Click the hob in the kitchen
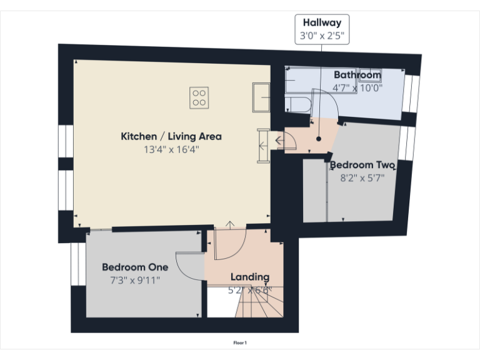click(199, 97)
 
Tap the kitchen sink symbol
click(261, 97)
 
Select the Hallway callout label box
click(322, 29)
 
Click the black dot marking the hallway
click(319, 138)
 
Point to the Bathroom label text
click(357, 75)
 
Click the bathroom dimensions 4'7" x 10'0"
click(357, 88)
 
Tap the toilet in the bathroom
click(301, 105)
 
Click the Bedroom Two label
click(362, 165)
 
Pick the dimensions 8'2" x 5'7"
click(362, 177)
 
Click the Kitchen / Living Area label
click(171, 136)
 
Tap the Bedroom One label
click(135, 267)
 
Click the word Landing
click(250, 276)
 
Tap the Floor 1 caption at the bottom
click(240, 342)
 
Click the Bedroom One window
click(77, 263)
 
